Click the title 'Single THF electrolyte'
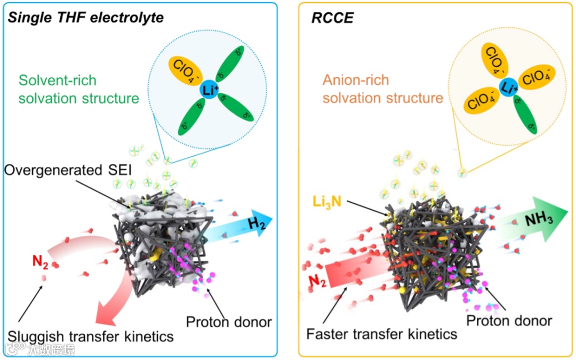coord(85,18)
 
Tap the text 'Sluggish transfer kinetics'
coord(91,336)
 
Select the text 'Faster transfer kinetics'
coord(382,334)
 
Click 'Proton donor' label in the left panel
coord(229,322)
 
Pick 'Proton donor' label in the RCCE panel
coord(509,321)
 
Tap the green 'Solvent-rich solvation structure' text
coord(78,90)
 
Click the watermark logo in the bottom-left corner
coord(39,349)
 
